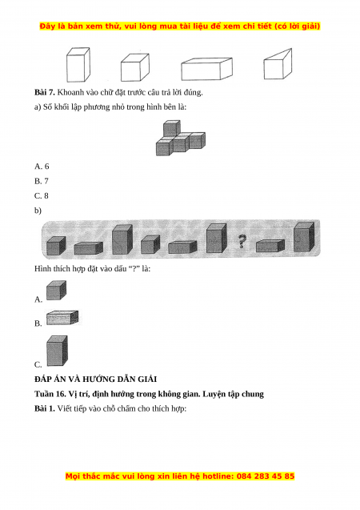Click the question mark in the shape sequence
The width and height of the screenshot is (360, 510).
tap(242, 242)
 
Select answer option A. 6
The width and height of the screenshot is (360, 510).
tap(42, 167)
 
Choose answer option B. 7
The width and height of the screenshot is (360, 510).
tap(42, 181)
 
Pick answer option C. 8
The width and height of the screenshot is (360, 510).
tap(42, 196)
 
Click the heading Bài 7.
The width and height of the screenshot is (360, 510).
tap(45, 92)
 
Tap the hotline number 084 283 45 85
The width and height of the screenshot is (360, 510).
tap(266, 476)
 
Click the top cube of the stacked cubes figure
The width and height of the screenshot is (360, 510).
tap(171, 128)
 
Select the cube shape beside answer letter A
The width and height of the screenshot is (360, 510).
tap(56, 290)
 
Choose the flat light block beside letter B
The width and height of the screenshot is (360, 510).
tap(62, 317)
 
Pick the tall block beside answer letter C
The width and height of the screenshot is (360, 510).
tap(57, 351)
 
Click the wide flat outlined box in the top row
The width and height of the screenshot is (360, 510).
tap(206, 69)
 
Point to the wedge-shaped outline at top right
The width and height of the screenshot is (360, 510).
tap(278, 64)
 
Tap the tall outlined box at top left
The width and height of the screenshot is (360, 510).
tap(78, 65)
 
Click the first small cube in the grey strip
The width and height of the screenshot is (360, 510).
tap(56, 246)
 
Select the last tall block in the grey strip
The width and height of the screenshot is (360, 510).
tap(304, 237)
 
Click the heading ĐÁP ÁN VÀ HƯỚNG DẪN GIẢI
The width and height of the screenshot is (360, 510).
tap(95, 379)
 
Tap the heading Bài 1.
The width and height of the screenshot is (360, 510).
tap(45, 408)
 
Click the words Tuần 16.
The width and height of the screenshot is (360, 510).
tap(50, 394)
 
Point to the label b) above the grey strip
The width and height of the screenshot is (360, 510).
tap(38, 211)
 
